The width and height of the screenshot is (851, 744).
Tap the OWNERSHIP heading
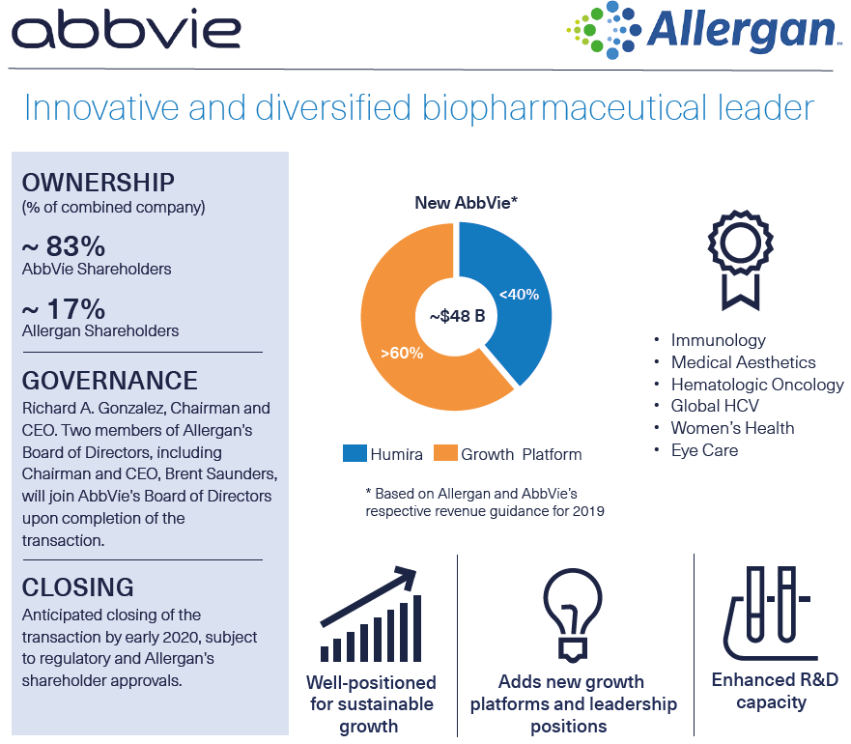pyautogui.click(x=98, y=183)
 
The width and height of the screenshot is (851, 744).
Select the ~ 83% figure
pyautogui.click(x=63, y=246)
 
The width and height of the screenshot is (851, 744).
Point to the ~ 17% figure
pyautogui.click(x=63, y=309)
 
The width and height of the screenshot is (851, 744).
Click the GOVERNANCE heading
pyautogui.click(x=109, y=380)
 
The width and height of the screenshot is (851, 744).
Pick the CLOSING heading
pyautogui.click(x=77, y=587)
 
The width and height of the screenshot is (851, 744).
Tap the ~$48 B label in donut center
pyautogui.click(x=456, y=315)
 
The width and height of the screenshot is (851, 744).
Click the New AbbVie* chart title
pyautogui.click(x=467, y=203)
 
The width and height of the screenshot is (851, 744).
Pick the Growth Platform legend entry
pyautogui.click(x=508, y=453)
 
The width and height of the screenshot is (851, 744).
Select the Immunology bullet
pyautogui.click(x=718, y=340)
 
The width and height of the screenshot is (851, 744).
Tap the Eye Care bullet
pyautogui.click(x=704, y=450)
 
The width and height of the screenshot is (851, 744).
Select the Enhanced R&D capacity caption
pyautogui.click(x=771, y=691)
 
